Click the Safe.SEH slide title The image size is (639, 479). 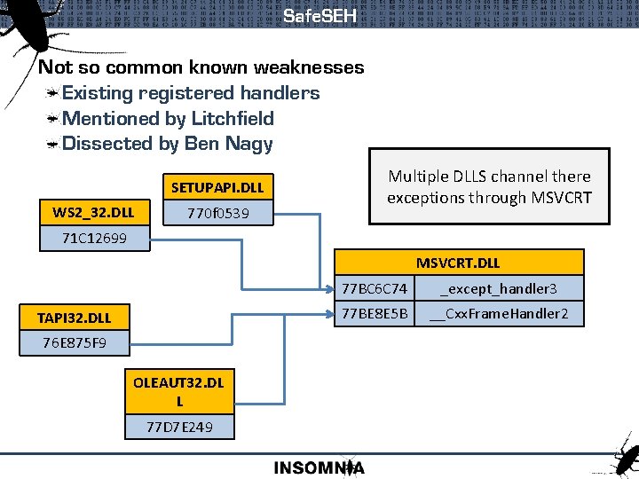(x=319, y=16)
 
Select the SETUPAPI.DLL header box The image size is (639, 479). (x=217, y=188)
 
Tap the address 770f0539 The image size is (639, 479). (x=217, y=213)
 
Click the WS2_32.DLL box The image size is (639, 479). (x=93, y=213)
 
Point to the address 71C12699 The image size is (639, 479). (x=95, y=238)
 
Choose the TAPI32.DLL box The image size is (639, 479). (x=75, y=317)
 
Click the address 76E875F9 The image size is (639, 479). (x=75, y=342)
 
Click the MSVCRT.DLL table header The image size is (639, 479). (x=458, y=263)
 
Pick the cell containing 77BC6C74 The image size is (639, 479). (x=375, y=288)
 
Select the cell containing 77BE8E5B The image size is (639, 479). (x=375, y=313)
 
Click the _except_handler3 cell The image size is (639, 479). (x=498, y=288)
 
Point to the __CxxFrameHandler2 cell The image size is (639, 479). (x=498, y=313)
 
